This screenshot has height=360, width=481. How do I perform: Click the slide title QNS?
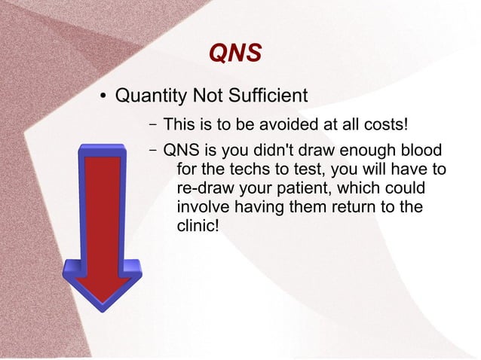pyautogui.click(x=234, y=53)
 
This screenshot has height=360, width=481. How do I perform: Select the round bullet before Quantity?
pyautogui.click(x=106, y=96)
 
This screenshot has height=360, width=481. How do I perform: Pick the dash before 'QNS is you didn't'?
pyautogui.click(x=152, y=149)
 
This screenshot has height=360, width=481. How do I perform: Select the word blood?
pyautogui.click(x=421, y=149)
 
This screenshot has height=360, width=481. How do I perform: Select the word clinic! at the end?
pyautogui.click(x=197, y=225)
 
